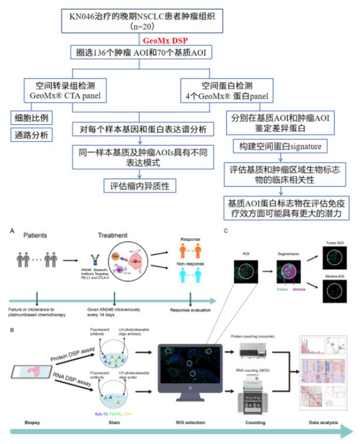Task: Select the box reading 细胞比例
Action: [x=31, y=117]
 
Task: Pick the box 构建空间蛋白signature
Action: [x=276, y=146]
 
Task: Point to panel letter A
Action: [x=12, y=231]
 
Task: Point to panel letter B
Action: [x=12, y=329]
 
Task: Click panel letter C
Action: [x=226, y=231]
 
